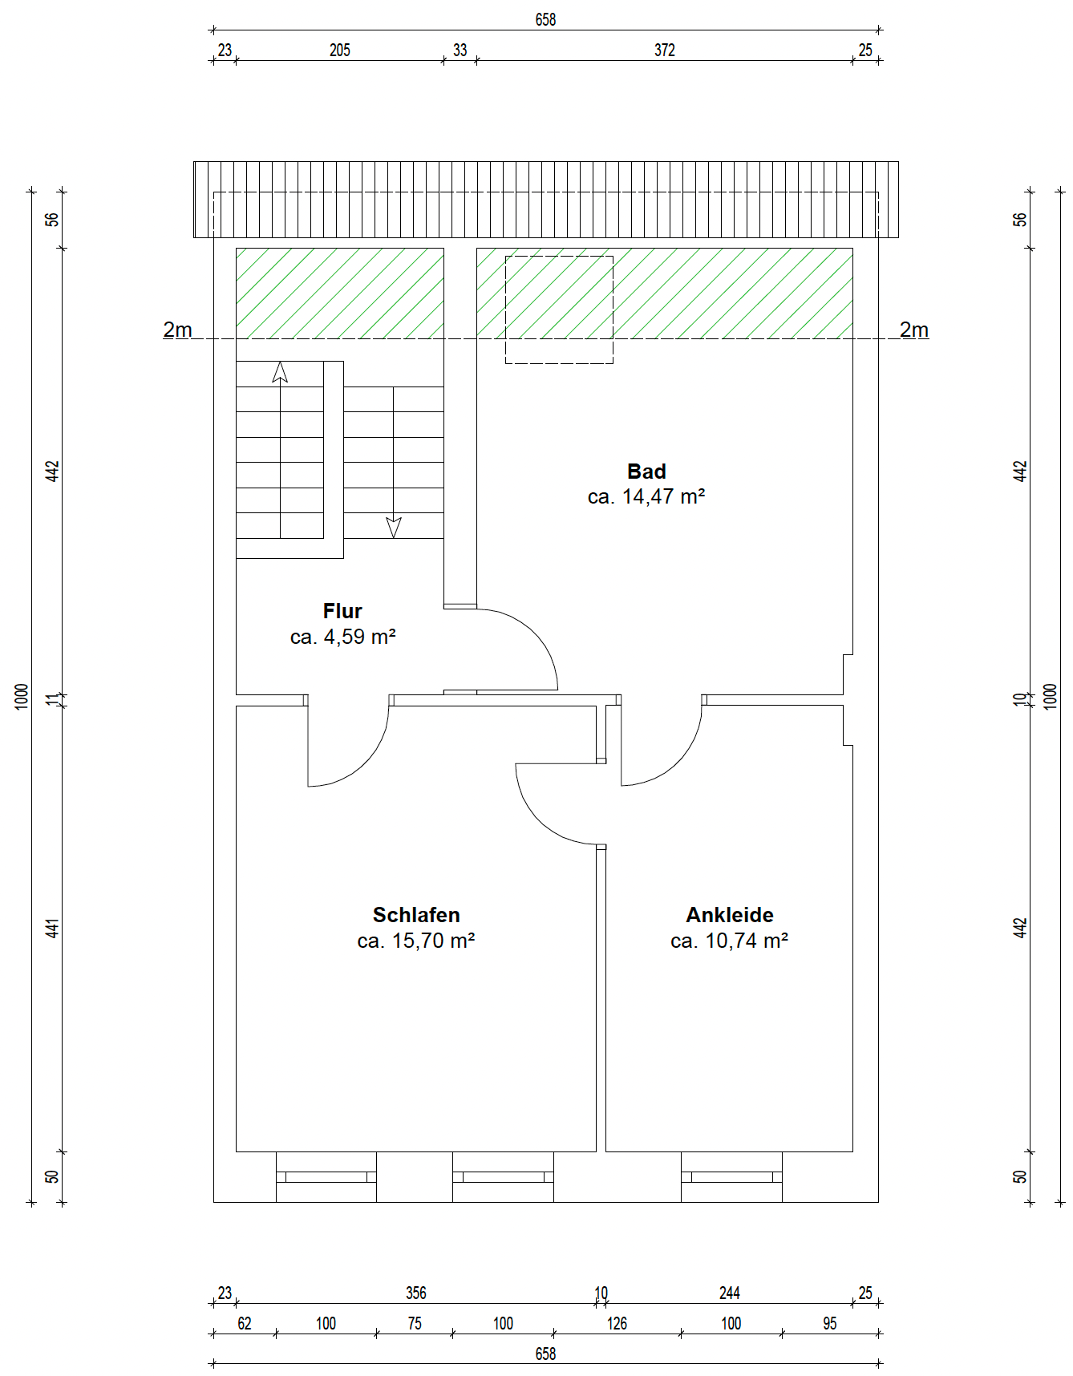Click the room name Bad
click(x=646, y=471)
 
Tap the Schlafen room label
click(x=416, y=915)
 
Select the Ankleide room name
click(x=730, y=915)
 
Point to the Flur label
click(x=342, y=611)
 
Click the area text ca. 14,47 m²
click(x=646, y=497)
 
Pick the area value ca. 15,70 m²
click(x=416, y=941)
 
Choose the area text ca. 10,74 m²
click(x=730, y=941)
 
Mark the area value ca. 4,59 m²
click(x=342, y=637)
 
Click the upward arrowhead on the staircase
click(x=280, y=372)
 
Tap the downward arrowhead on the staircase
click(x=394, y=528)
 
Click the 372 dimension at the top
click(x=665, y=51)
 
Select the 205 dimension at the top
click(x=340, y=51)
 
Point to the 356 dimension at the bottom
click(x=416, y=1293)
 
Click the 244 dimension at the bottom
click(x=730, y=1293)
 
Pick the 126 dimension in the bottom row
click(x=617, y=1323)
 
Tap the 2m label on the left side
click(x=177, y=330)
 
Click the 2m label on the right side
click(x=914, y=330)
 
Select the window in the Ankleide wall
click(x=731, y=1177)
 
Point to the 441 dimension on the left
click(x=52, y=929)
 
